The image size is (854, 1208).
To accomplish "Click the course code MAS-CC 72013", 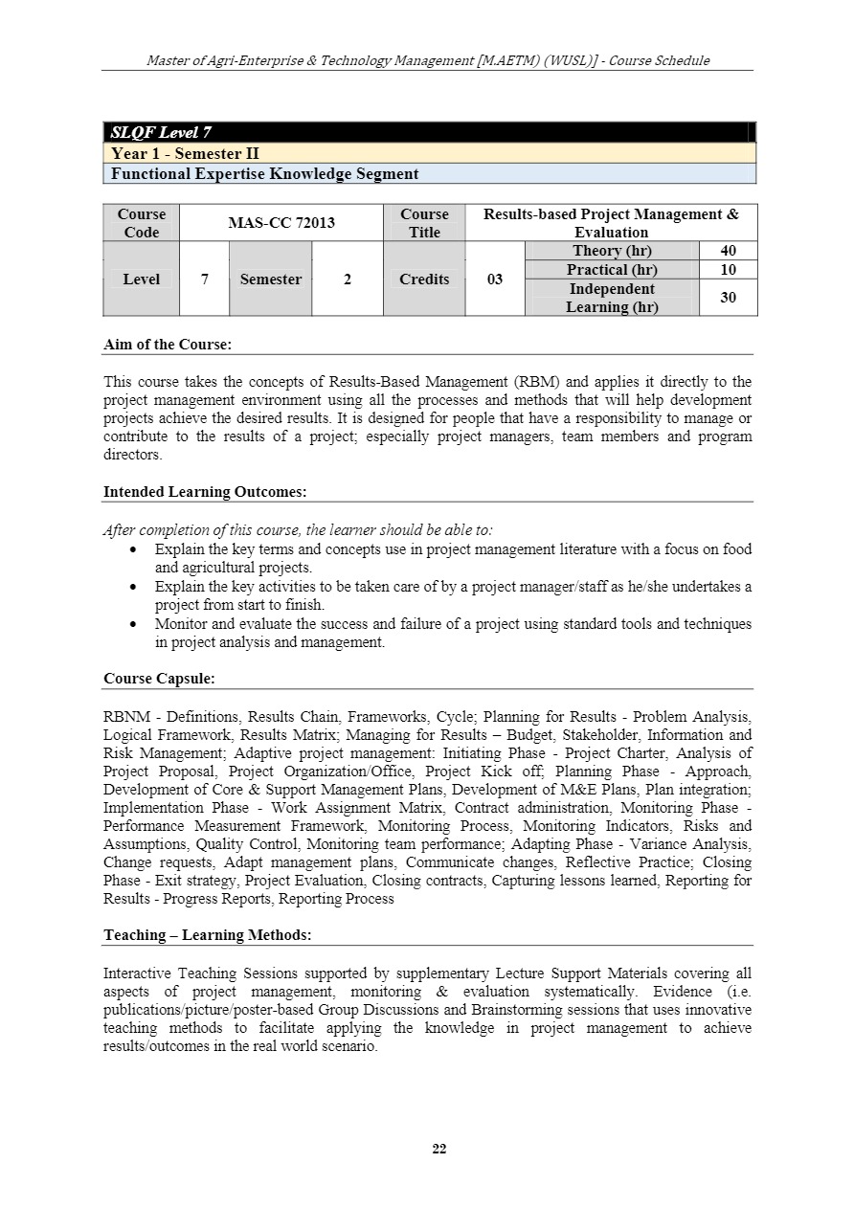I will (x=281, y=223).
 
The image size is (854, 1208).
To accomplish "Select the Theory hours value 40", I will (x=728, y=251).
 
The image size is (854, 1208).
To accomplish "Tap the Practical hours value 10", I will (x=728, y=270).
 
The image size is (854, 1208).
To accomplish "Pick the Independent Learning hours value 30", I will (x=728, y=298).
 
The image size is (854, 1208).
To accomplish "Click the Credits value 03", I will (x=494, y=280).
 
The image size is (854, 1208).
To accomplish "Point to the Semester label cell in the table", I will (x=270, y=280).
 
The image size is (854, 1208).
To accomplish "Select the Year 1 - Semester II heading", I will (x=185, y=153).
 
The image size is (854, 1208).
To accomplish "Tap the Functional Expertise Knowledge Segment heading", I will (x=264, y=174).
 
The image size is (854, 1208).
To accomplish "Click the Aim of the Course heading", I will (x=168, y=345).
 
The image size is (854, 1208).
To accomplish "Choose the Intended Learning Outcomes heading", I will (x=205, y=492).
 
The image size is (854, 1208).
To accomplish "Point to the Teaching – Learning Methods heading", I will (x=207, y=935).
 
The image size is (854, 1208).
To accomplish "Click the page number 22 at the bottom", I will (x=439, y=1149).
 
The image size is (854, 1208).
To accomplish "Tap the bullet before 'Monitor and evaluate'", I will (x=133, y=624).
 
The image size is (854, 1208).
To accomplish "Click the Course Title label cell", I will (x=424, y=223).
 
